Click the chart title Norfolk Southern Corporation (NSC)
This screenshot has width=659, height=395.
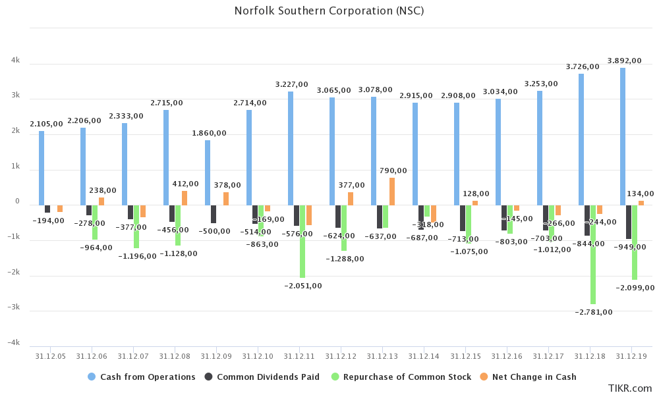tap(329, 11)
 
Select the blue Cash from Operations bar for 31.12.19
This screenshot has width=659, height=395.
tap(622, 136)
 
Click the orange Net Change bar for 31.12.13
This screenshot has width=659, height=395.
tap(392, 192)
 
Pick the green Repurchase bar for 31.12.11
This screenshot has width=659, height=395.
tap(302, 241)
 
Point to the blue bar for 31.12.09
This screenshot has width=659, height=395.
tap(208, 172)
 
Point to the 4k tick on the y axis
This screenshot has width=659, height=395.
tap(15, 61)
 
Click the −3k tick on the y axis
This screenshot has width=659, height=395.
tap(14, 307)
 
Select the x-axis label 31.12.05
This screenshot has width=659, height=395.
tap(50, 356)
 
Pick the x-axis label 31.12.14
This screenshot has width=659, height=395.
tap(424, 356)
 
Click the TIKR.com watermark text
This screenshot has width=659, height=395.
tap(629, 388)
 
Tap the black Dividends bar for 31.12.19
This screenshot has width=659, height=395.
tap(628, 222)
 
